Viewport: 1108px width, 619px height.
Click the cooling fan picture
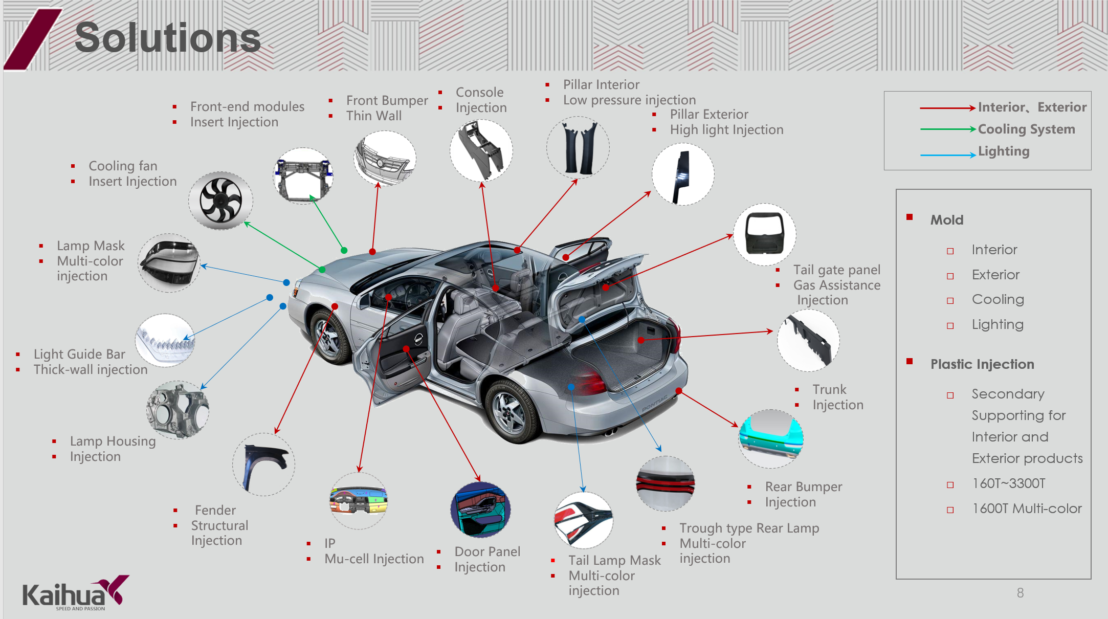220,201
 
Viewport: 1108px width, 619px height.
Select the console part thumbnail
481,150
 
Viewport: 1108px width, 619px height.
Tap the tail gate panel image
765,234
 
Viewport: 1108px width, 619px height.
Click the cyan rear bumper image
771,438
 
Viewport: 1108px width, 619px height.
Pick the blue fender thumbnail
264,465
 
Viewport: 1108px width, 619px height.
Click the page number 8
1020,593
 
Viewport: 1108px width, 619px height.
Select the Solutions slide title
168,38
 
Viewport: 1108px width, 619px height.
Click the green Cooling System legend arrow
948,129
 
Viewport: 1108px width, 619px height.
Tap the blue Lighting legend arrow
948,154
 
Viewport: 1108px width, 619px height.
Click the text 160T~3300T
1009,483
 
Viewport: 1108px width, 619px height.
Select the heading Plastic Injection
982,364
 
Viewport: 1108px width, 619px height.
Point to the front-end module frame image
303,176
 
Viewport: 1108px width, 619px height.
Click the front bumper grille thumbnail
385,158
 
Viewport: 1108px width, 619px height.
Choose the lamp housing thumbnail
178,410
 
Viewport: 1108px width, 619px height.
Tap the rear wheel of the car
509,412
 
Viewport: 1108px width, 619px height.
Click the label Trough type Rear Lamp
749,528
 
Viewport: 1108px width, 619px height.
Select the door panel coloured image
481,510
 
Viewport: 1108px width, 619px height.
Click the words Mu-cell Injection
374,559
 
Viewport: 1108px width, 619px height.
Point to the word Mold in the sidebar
947,220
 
